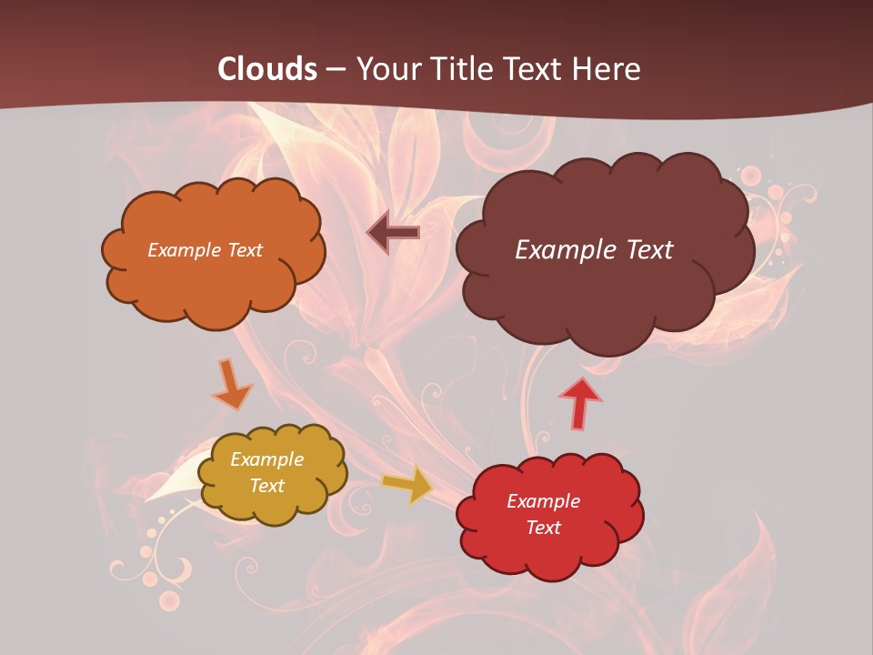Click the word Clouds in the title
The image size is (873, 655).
[267, 69]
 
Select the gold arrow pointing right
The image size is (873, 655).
[408, 485]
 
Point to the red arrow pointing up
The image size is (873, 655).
[579, 404]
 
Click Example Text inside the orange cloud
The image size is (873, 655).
[205, 250]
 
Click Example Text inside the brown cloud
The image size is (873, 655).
[594, 250]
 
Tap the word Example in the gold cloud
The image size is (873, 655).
[266, 459]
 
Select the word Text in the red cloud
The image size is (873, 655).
[543, 528]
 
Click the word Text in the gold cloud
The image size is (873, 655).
[266, 486]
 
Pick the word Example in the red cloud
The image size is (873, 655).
[543, 501]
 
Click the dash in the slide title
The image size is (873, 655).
[336, 69]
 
